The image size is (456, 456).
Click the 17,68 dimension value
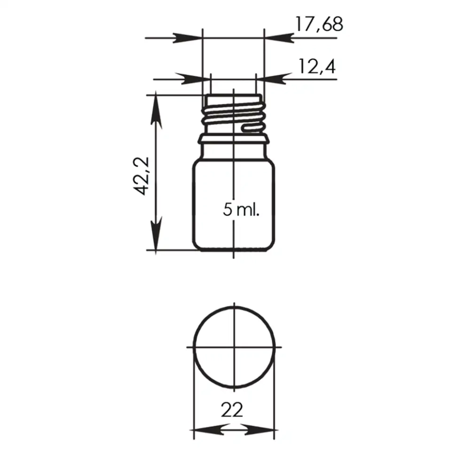pos(319,24)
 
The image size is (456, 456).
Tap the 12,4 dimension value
pos(317,67)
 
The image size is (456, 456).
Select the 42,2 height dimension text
pos(142,176)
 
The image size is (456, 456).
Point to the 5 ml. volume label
pos(241,209)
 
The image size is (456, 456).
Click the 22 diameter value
pos(232,410)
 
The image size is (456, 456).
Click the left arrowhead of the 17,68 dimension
pos(188,38)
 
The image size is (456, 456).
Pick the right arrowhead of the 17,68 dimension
pos(279,38)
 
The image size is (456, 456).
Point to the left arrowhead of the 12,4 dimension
pos(196,79)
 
